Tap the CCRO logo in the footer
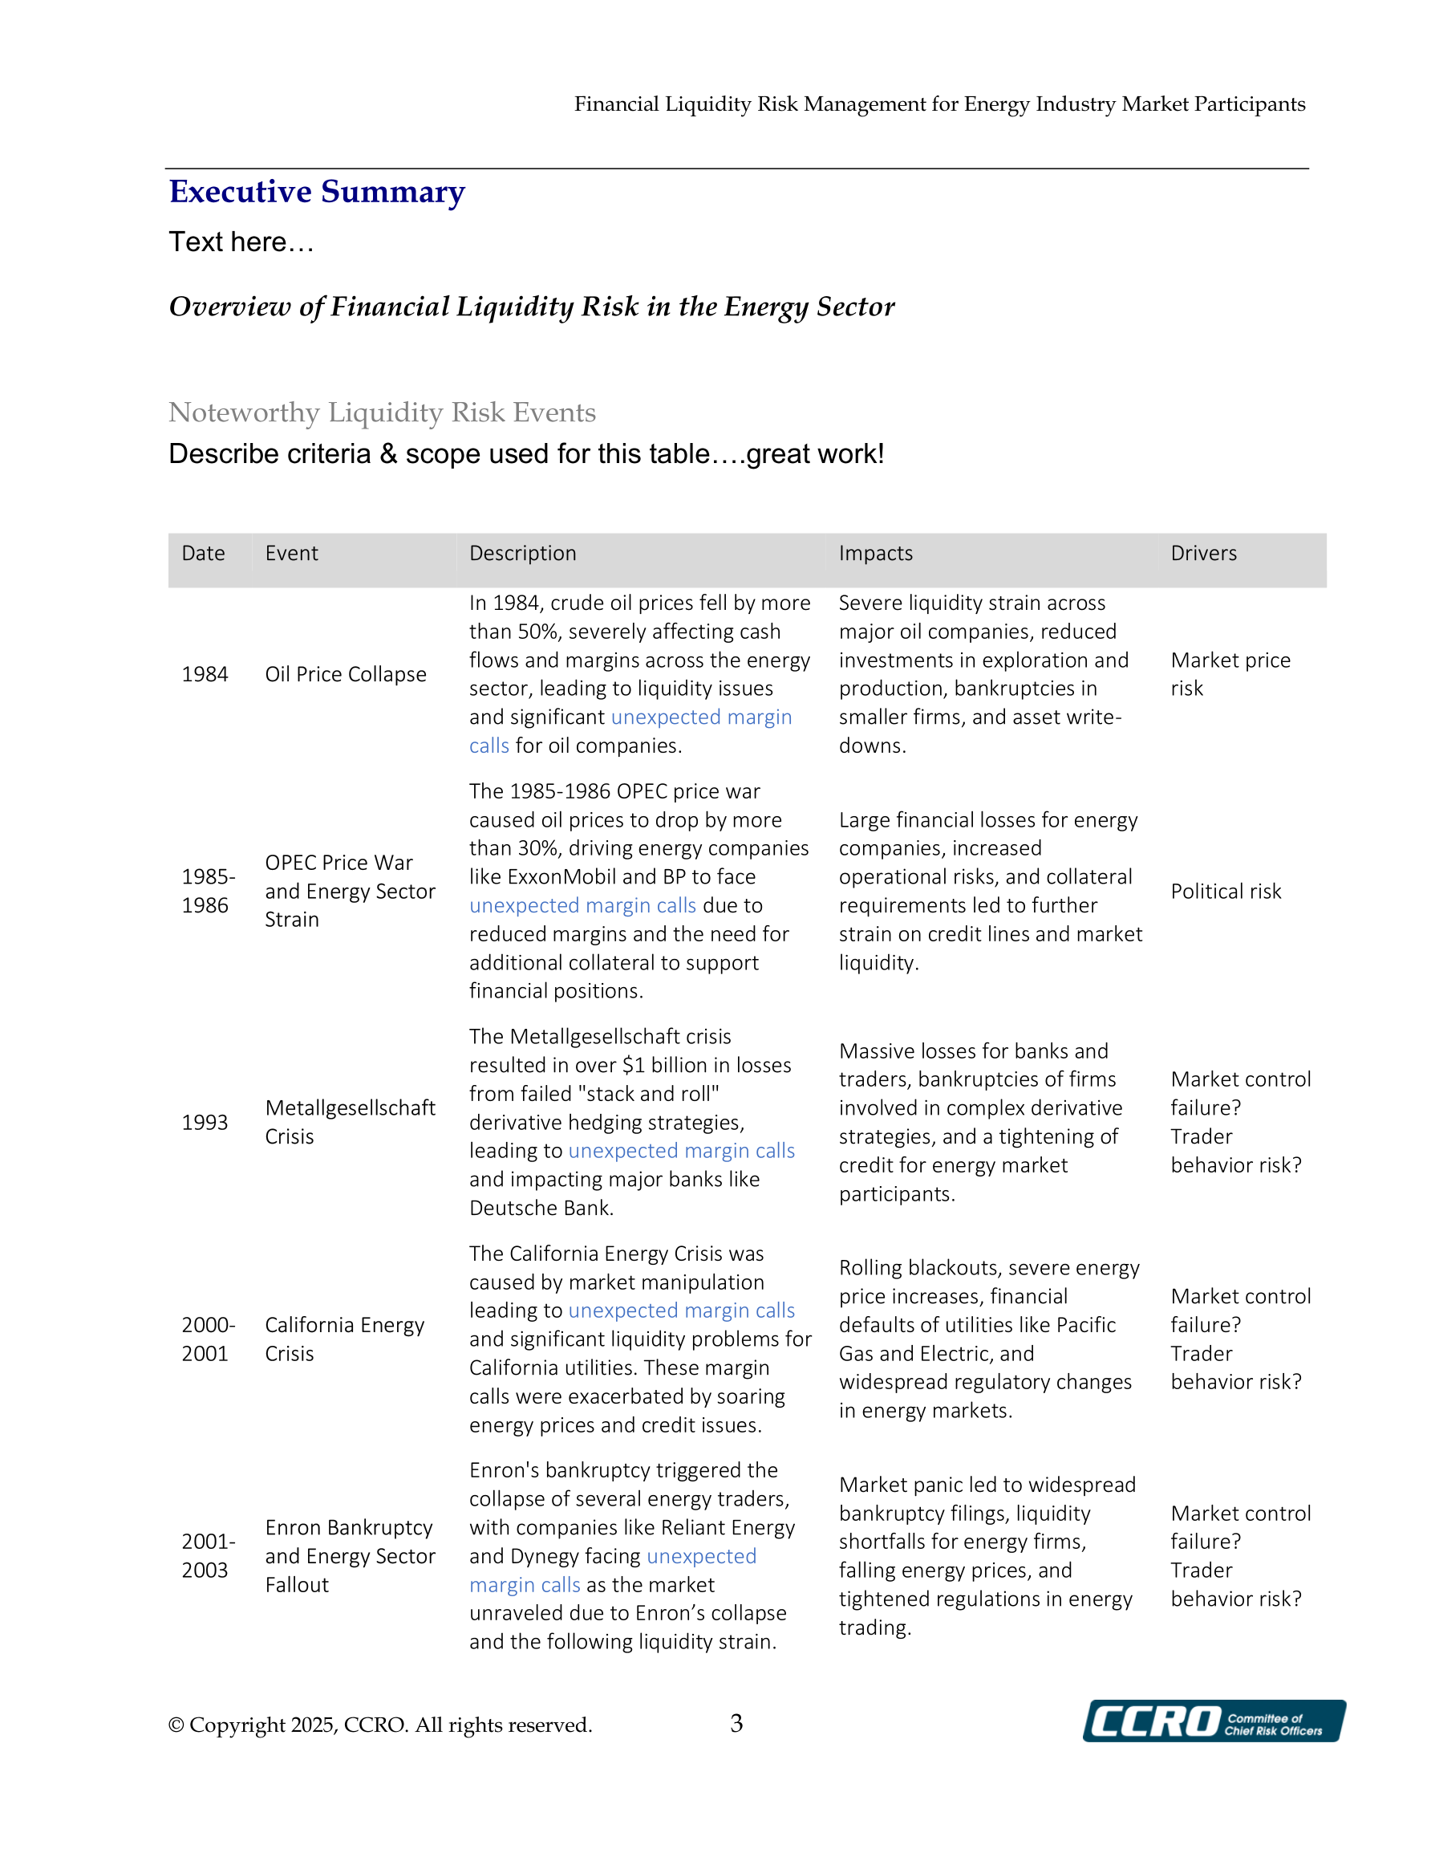pyautogui.click(x=1213, y=1721)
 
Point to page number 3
pyautogui.click(x=736, y=1722)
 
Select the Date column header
pyautogui.click(x=204, y=553)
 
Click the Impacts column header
pyautogui.click(x=875, y=553)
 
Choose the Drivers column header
pyautogui.click(x=1203, y=553)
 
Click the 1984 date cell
pyautogui.click(x=205, y=675)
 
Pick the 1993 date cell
pyautogui.click(x=205, y=1123)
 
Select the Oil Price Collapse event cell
pyautogui.click(x=345, y=675)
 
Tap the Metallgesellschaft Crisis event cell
pyautogui.click(x=350, y=1122)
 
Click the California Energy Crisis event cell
pyautogui.click(x=343, y=1339)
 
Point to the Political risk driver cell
pyautogui.click(x=1226, y=891)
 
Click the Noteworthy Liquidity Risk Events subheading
pyautogui.click(x=382, y=412)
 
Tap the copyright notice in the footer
pyautogui.click(x=380, y=1725)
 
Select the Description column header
pyautogui.click(x=522, y=553)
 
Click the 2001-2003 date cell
pyautogui.click(x=208, y=1555)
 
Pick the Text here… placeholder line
pyautogui.click(x=241, y=242)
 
